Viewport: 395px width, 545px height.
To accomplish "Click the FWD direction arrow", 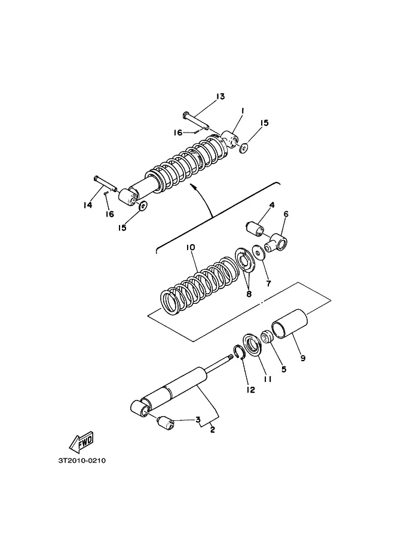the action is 81,441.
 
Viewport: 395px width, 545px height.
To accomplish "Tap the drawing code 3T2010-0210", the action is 82,461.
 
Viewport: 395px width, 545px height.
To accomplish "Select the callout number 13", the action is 221,96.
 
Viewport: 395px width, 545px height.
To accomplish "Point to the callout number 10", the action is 191,248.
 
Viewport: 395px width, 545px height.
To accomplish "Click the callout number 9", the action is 303,358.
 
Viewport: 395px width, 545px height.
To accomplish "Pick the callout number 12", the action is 250,390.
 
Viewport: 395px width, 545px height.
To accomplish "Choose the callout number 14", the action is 88,205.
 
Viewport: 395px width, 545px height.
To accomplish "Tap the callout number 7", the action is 268,284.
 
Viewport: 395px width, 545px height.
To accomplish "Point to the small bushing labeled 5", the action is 267,337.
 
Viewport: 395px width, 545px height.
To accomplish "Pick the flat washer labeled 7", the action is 259,253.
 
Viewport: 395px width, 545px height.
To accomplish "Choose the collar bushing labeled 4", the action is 255,228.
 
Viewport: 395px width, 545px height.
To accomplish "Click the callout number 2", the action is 212,430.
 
